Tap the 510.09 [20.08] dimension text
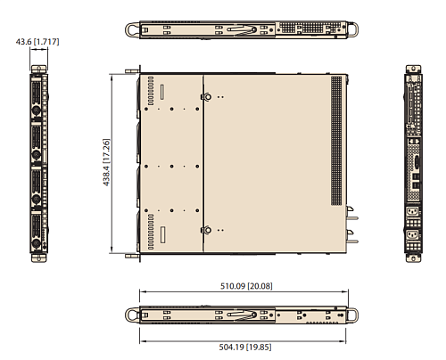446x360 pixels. pyautogui.click(x=247, y=287)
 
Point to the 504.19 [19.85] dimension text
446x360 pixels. pyautogui.click(x=247, y=348)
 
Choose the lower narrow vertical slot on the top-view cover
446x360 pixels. pyautogui.click(x=163, y=235)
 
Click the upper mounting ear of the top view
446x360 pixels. pyautogui.click(x=134, y=70)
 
